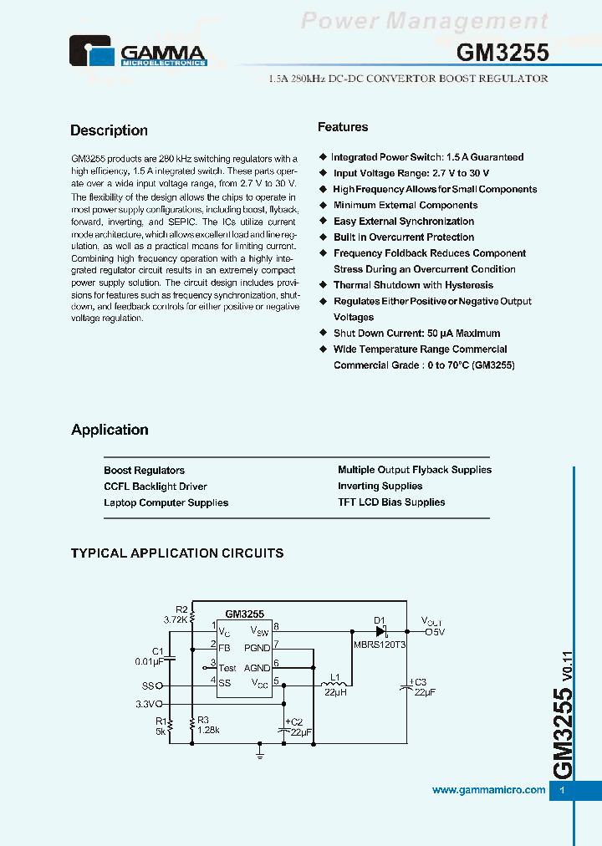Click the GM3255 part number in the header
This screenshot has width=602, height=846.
pos(503,53)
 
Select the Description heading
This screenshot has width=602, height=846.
pos(109,130)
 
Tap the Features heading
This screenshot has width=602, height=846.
pos(343,127)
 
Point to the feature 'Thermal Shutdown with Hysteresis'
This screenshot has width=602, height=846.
pos(413,285)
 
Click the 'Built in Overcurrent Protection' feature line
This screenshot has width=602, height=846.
pos(404,237)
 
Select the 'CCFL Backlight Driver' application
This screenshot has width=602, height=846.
pos(156,487)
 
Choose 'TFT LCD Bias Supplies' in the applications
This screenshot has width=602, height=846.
pos(391,502)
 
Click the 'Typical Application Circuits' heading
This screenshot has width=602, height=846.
pos(177,553)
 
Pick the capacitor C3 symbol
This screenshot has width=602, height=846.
pos(406,686)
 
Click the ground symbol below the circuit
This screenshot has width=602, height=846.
pos(260,753)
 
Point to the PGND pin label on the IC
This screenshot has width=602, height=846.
pos(257,648)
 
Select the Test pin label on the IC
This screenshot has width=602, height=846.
pos(227,668)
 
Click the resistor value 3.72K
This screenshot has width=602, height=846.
pos(176,619)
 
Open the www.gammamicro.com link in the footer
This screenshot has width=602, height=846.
pos(488,790)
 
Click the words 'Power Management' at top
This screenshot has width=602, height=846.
pos(424,21)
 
